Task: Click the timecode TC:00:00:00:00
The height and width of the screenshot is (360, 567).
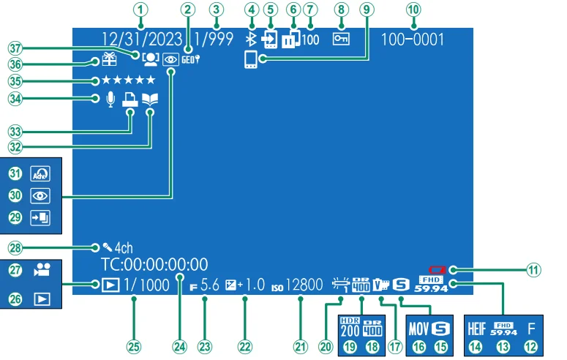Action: (x=154, y=265)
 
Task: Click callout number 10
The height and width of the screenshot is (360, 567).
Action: (x=414, y=10)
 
